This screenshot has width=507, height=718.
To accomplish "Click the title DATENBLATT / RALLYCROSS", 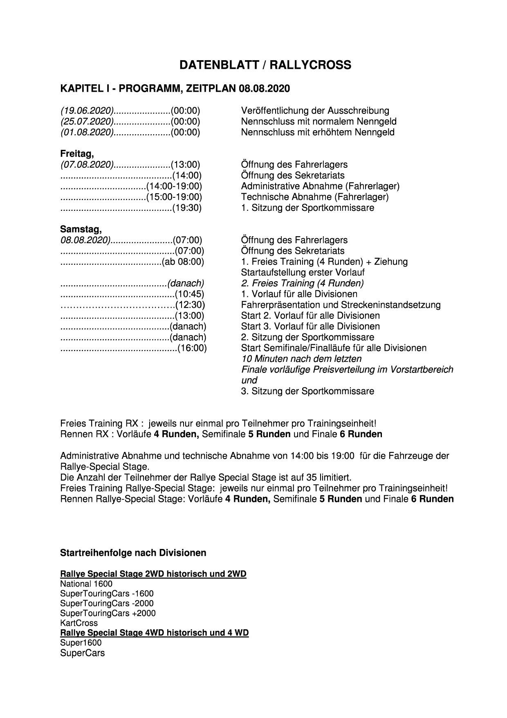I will pos(265,65).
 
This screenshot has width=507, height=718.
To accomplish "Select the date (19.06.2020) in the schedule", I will pos(87,111).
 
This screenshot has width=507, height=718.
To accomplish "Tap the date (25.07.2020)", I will pos(87,122).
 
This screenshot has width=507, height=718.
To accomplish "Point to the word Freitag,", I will pos(77,154).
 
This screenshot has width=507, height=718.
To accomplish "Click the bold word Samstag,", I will pos(81,229).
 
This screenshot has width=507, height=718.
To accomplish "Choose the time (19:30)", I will pos(187,208).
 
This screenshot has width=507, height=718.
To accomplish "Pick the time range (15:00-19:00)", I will pos(174,197).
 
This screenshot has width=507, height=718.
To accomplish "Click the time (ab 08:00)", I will pos(183,262).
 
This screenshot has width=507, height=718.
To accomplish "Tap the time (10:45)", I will pos(189,294).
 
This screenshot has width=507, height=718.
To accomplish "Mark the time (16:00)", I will pos(192,348).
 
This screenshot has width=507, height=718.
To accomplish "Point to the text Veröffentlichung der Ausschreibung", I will pos(315,111).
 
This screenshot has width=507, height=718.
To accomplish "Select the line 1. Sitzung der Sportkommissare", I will pos(307,208).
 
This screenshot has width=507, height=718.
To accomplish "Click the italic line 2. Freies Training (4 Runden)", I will pos(302,283).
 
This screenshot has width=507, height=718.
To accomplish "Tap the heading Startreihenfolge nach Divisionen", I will pos(133,553).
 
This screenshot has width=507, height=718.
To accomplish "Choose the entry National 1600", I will pos(86,584).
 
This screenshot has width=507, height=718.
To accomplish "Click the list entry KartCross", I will pos(79,623).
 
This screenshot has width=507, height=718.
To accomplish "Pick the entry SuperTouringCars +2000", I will pos(108,613).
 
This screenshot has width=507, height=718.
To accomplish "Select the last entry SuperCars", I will pos(82,653).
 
